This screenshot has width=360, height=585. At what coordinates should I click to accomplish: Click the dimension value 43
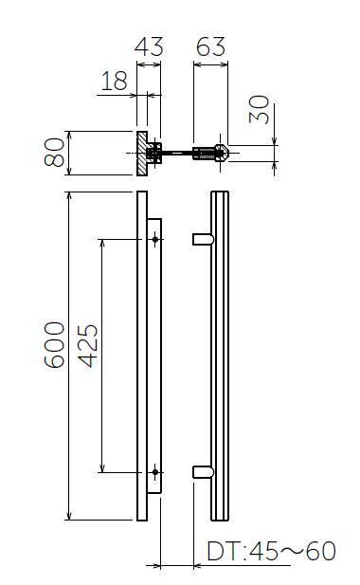[x=149, y=46]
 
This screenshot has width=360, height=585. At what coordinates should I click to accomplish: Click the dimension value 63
[x=210, y=46]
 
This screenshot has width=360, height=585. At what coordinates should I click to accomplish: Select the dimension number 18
[x=114, y=81]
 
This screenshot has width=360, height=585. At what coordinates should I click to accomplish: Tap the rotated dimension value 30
[x=259, y=110]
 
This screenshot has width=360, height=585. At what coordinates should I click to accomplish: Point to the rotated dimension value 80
[x=54, y=153]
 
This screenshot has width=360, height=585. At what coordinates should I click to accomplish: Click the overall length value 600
[x=54, y=345]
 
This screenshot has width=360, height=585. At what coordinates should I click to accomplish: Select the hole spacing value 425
[x=88, y=346]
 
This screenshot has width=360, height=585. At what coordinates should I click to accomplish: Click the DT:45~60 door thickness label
[x=271, y=551]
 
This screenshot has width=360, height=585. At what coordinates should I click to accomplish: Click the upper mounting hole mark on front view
[x=155, y=239]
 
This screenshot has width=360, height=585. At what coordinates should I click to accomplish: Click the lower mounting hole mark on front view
[x=155, y=472]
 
